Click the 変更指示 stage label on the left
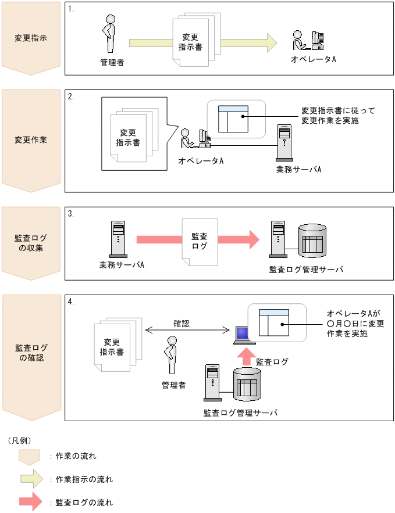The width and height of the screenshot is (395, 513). pyautogui.click(x=31, y=38)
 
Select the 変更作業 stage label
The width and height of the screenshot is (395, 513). pyautogui.click(x=31, y=140)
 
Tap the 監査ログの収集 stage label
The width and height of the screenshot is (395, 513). pyautogui.click(x=31, y=243)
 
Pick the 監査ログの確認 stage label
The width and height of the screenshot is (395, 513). pyautogui.click(x=31, y=353)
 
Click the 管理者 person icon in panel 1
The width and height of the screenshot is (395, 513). pyautogui.click(x=108, y=35)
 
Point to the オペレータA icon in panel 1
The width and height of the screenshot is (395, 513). pyautogui.click(x=308, y=41)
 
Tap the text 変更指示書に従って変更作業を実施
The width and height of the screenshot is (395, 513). pyautogui.click(x=330, y=116)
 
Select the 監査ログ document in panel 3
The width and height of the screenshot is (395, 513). pyautogui.click(x=200, y=241)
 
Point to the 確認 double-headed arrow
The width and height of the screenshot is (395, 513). pyautogui.click(x=187, y=331)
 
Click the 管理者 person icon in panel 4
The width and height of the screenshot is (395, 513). pyautogui.click(x=171, y=354)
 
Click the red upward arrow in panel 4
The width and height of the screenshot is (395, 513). pyautogui.click(x=245, y=356)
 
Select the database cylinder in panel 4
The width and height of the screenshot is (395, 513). pyautogui.click(x=248, y=385)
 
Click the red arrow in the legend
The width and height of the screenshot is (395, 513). pyautogui.click(x=30, y=501)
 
